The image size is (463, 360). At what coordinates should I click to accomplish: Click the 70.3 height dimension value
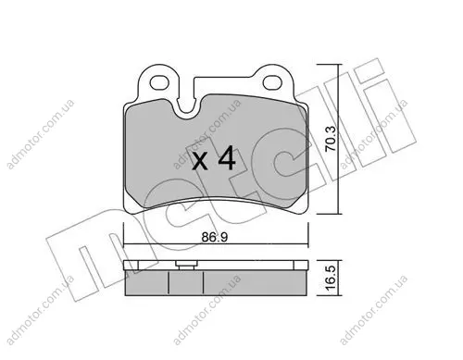click(x=331, y=139)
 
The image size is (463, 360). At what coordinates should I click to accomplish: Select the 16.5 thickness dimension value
click(x=331, y=279)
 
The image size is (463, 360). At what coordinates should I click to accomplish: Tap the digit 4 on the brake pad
click(x=227, y=158)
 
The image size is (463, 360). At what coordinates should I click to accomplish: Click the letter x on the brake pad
click(x=200, y=161)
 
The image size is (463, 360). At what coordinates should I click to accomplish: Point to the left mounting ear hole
click(x=159, y=82)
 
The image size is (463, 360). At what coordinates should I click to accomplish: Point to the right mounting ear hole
click(x=272, y=81)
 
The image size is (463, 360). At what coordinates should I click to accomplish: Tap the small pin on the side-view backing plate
click(x=185, y=265)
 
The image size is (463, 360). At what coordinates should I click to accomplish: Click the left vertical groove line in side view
click(x=169, y=282)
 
